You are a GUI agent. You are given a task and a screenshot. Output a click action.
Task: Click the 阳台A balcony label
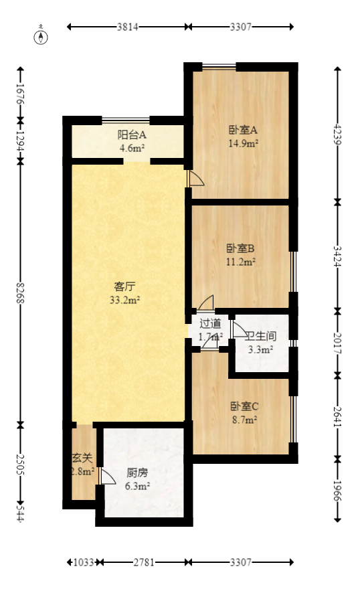pyautogui.click(x=132, y=135)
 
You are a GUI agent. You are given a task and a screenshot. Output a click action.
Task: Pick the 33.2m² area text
pyautogui.click(x=124, y=301)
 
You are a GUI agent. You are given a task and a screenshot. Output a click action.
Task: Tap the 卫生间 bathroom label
pyautogui.click(x=261, y=337)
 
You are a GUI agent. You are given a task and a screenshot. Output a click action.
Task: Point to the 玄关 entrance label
pyautogui.click(x=82, y=459)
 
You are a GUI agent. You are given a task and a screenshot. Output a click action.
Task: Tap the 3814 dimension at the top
pyautogui.click(x=128, y=27)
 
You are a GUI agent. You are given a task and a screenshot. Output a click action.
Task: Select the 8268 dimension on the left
pyautogui.click(x=21, y=293)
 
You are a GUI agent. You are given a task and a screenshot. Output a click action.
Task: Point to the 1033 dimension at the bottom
pyautogui.click(x=84, y=562)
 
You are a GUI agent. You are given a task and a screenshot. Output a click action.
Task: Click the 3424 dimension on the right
pyautogui.click(x=338, y=256)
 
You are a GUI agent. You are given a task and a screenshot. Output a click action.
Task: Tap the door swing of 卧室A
pyautogui.click(x=195, y=178)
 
